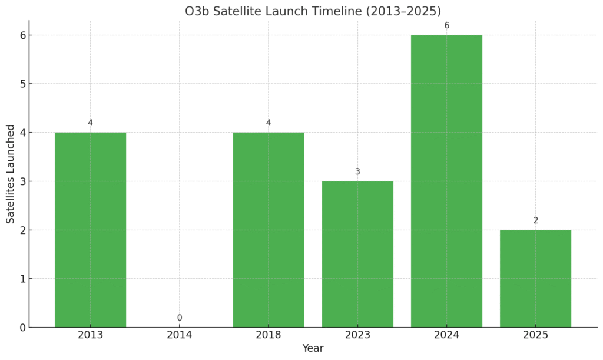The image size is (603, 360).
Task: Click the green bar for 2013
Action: coord(90,230)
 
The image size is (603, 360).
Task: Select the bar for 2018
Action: coord(269,230)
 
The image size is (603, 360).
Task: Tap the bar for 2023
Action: coord(357,254)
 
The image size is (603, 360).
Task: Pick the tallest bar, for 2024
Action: coord(446,181)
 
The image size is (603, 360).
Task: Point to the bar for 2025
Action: coord(536,279)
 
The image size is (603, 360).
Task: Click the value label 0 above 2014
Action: coord(180,318)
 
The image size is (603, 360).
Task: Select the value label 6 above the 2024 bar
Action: coord(446,25)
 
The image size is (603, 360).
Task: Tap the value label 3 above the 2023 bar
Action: coord(357,171)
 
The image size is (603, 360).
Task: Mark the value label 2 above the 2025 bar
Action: coord(536,220)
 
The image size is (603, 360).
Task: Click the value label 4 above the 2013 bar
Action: coord(90,123)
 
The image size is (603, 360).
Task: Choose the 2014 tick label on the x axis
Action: coord(180,335)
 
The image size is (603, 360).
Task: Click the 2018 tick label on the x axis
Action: coord(269,335)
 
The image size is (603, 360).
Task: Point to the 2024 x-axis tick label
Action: coord(446,335)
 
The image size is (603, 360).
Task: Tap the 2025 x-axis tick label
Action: coord(536,335)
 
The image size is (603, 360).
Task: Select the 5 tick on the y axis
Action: coord(23,84)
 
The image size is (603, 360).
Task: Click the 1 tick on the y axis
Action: coord(23,279)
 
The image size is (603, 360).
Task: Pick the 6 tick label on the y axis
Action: coord(23,35)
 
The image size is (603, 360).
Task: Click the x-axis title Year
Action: coord(313,348)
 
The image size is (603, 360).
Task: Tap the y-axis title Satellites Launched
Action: coord(11,174)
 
